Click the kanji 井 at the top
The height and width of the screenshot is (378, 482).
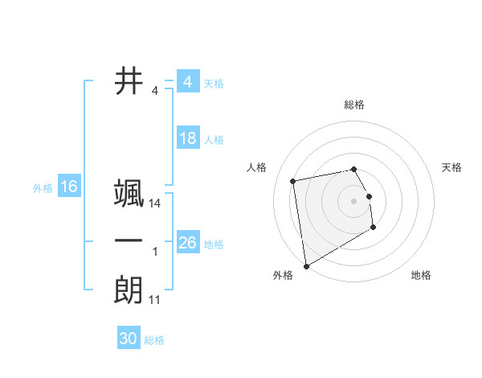click(x=129, y=81)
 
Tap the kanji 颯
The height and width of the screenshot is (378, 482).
click(x=129, y=195)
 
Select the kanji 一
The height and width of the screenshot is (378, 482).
click(x=129, y=242)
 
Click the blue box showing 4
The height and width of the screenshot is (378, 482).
click(x=187, y=82)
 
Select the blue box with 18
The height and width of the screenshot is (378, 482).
click(x=187, y=138)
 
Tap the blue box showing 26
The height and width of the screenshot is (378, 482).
click(x=187, y=242)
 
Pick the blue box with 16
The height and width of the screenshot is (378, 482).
click(x=68, y=187)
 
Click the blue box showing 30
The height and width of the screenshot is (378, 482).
click(x=128, y=339)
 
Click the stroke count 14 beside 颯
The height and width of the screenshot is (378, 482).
click(x=155, y=204)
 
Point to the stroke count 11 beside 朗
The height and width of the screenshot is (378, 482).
click(x=155, y=300)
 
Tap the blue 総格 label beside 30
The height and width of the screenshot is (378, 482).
click(x=154, y=340)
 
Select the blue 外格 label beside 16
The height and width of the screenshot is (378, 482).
click(x=43, y=188)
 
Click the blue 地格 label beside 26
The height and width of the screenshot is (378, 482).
click(x=214, y=244)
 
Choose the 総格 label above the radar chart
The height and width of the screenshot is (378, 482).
click(x=353, y=105)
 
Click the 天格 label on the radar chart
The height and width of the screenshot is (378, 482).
click(x=452, y=167)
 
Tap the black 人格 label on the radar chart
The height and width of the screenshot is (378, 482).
click(x=256, y=167)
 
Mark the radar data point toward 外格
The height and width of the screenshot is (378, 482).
click(x=305, y=266)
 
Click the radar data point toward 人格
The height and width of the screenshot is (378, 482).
click(x=293, y=180)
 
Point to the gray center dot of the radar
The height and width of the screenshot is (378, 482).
click(x=353, y=200)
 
